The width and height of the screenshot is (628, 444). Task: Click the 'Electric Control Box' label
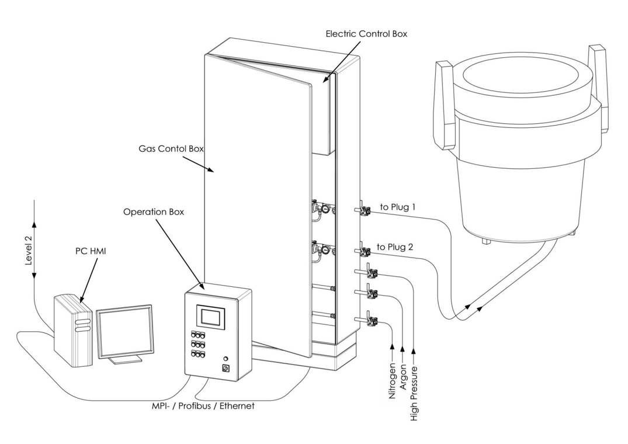tap(366, 34)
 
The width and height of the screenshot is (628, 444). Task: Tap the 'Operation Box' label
tap(154, 212)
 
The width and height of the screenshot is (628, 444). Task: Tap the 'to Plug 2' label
tap(396, 247)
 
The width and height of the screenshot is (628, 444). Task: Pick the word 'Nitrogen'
tap(393, 380)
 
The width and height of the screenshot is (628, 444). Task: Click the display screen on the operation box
tap(210, 317)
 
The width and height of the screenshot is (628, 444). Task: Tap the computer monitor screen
tap(125, 331)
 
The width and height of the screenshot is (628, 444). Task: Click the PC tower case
tap(73, 331)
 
